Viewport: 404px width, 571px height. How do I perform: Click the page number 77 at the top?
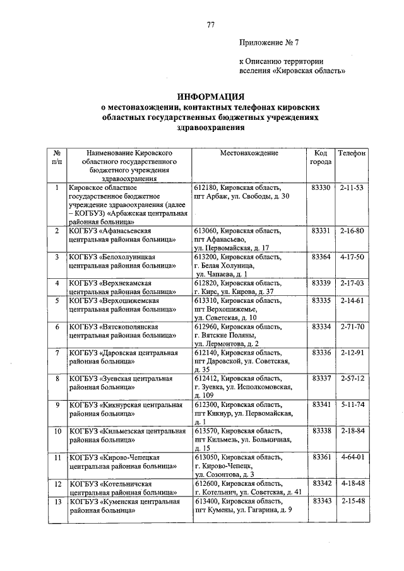pos(210,25)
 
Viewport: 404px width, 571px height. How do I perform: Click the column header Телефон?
pos(352,153)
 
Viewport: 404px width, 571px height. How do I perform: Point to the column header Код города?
pos(320,158)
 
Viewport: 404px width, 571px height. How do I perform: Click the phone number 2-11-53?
pos(352,188)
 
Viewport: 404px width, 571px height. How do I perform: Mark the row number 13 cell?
pos(57,500)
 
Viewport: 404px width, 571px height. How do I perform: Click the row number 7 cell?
pos(57,353)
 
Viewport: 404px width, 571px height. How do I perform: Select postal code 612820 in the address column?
pos(207,283)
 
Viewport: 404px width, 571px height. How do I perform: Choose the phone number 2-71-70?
pos(352,327)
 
